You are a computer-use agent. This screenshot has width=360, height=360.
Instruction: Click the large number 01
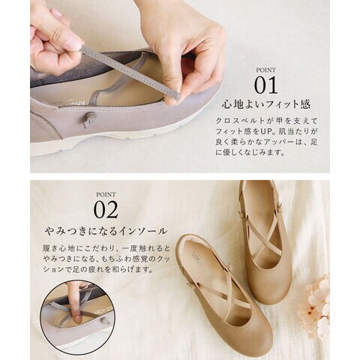pyautogui.click(x=265, y=85)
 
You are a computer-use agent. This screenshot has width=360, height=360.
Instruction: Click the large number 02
pyautogui.click(x=106, y=209)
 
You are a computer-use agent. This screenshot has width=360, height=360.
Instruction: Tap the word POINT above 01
pyautogui.click(x=265, y=70)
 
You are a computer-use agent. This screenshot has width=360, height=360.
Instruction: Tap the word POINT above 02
pyautogui.click(x=106, y=194)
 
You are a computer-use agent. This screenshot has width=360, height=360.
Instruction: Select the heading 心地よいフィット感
pyautogui.click(x=266, y=104)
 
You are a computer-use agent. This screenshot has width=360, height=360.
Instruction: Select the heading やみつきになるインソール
pyautogui.click(x=106, y=231)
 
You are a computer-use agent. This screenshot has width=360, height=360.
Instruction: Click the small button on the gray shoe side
pyautogui.click(x=89, y=118)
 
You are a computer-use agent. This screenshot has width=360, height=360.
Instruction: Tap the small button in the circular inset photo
pyautogui.click(x=104, y=321)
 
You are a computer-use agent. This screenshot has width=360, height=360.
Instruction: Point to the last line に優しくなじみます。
pyautogui.click(x=250, y=152)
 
